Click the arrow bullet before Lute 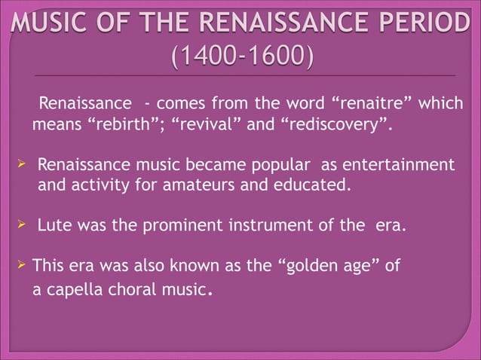click(x=22, y=224)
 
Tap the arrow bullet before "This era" click(x=22, y=264)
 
